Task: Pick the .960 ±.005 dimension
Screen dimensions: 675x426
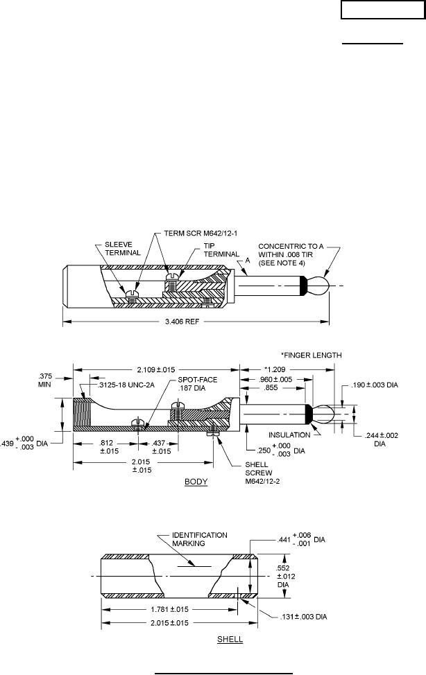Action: [275, 380]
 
